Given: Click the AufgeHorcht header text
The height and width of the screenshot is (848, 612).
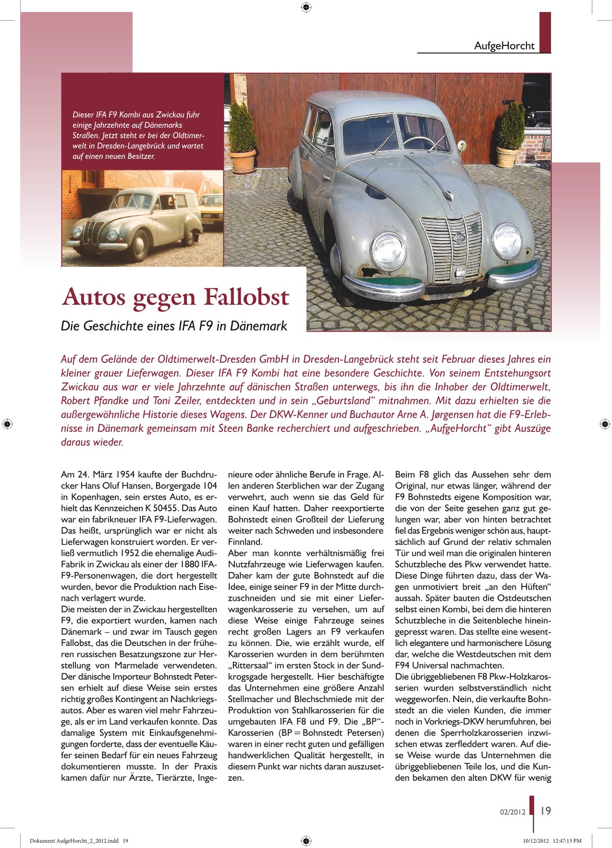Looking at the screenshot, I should (x=504, y=46).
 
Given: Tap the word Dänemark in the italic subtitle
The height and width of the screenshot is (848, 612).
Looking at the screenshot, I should (x=258, y=326).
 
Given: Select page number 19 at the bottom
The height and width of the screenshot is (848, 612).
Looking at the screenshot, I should (x=546, y=811).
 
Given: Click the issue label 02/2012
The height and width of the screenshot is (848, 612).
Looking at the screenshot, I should (x=513, y=812).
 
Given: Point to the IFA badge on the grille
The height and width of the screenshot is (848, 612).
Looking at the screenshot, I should (x=460, y=237).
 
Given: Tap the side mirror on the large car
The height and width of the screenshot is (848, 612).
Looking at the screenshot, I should (x=462, y=144).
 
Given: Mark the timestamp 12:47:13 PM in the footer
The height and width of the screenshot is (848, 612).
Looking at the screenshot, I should (x=567, y=841).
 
